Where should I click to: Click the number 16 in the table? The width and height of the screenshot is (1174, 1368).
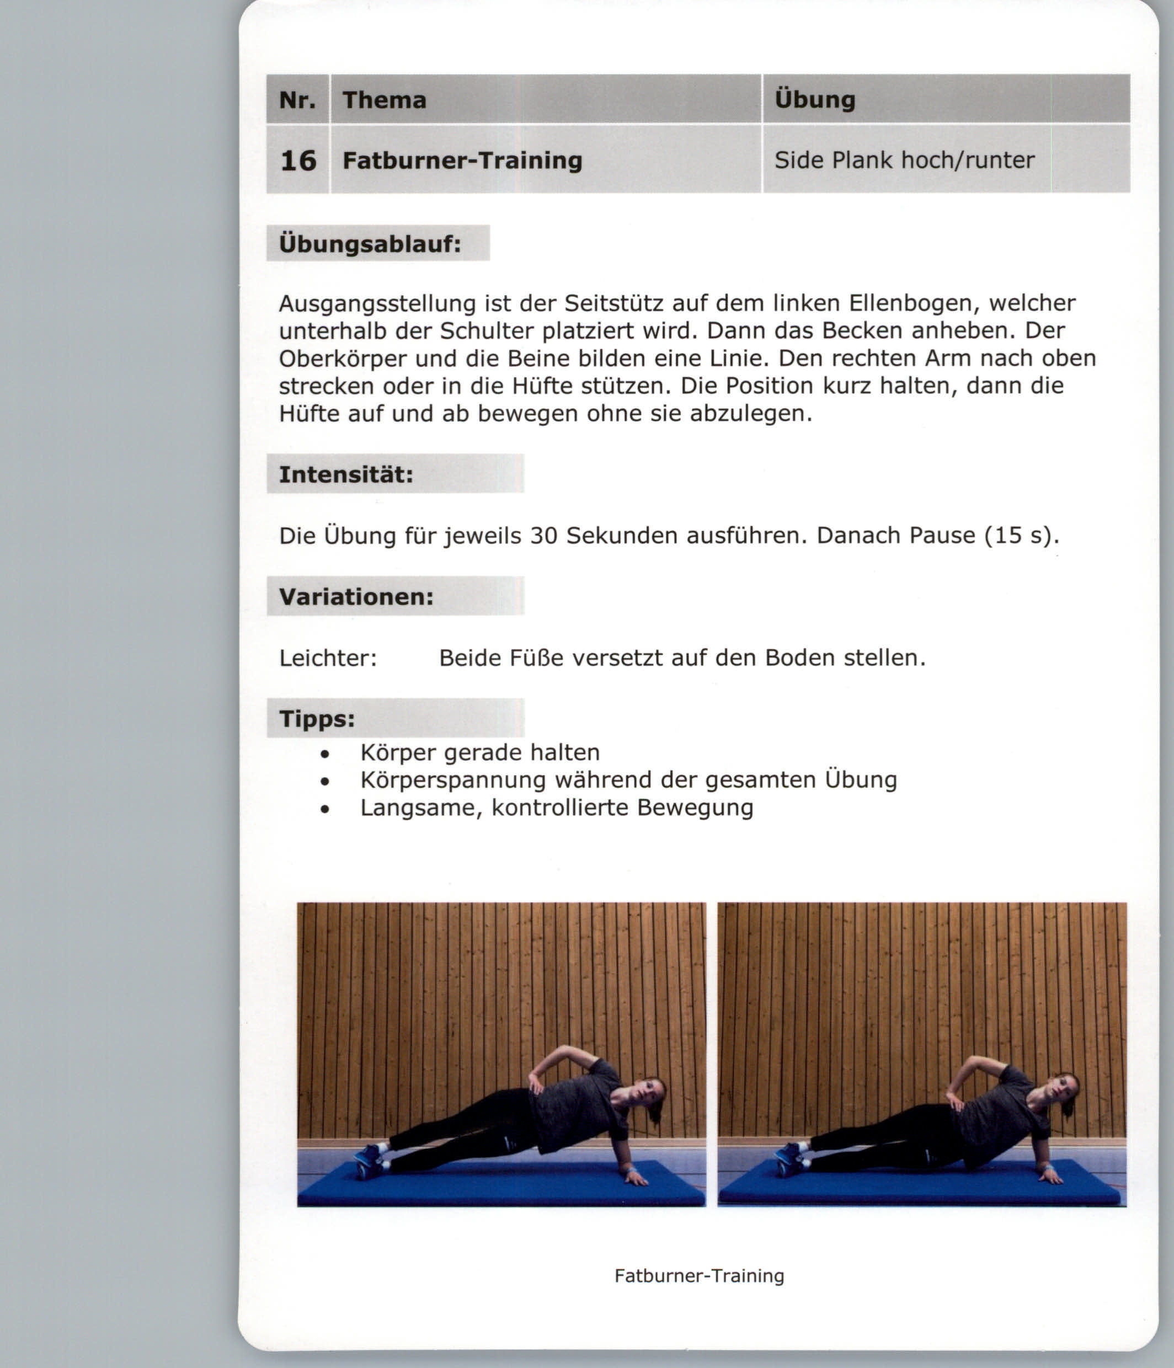click(x=298, y=161)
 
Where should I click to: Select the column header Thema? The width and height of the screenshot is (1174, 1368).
click(x=385, y=100)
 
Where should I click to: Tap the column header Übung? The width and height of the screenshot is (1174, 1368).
click(x=815, y=100)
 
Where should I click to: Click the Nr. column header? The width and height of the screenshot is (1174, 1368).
click(x=297, y=100)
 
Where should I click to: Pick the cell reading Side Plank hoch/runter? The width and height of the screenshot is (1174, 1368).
click(x=904, y=161)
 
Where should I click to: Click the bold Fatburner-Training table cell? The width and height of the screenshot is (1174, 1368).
click(x=462, y=161)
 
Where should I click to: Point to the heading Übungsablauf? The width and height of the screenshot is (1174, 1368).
click(x=370, y=244)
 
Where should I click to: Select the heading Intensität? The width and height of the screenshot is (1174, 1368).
click(x=346, y=474)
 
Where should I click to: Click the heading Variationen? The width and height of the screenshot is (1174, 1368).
click(x=356, y=597)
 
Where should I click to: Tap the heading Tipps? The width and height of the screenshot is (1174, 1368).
click(x=317, y=718)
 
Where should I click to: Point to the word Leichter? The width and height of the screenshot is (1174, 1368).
click(x=328, y=658)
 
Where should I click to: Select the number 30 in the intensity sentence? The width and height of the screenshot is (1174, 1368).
click(x=544, y=536)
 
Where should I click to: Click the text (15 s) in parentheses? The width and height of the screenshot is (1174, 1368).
click(x=1021, y=536)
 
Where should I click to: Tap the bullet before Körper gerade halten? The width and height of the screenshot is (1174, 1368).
click(x=324, y=754)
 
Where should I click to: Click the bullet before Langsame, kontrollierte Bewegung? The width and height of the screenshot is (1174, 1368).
click(x=324, y=809)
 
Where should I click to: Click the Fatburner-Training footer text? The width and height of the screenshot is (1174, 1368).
click(x=699, y=1275)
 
